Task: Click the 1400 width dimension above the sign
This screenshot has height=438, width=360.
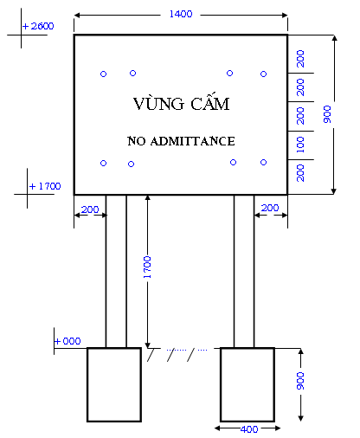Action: pos(182,15)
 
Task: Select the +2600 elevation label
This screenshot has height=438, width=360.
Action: pos(40,26)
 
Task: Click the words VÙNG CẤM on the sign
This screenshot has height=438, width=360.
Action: pos(182,104)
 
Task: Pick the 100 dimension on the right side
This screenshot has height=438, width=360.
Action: pos(300,145)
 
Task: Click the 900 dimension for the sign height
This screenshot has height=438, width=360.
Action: pos(326,114)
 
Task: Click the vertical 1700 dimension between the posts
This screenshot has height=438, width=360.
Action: pos(147,270)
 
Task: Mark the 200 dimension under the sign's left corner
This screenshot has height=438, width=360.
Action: pos(89,208)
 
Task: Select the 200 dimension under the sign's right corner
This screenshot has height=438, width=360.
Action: pos(270,208)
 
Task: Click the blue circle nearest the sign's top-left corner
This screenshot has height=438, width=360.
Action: pos(103,74)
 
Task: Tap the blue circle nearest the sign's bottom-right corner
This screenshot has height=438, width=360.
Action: pos(263,162)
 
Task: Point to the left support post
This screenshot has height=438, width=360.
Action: pos(116,270)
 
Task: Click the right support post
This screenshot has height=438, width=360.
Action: pos(243,270)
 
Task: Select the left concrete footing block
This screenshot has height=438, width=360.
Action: pos(113,383)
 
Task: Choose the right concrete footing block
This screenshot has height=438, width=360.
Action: pos(247,383)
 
